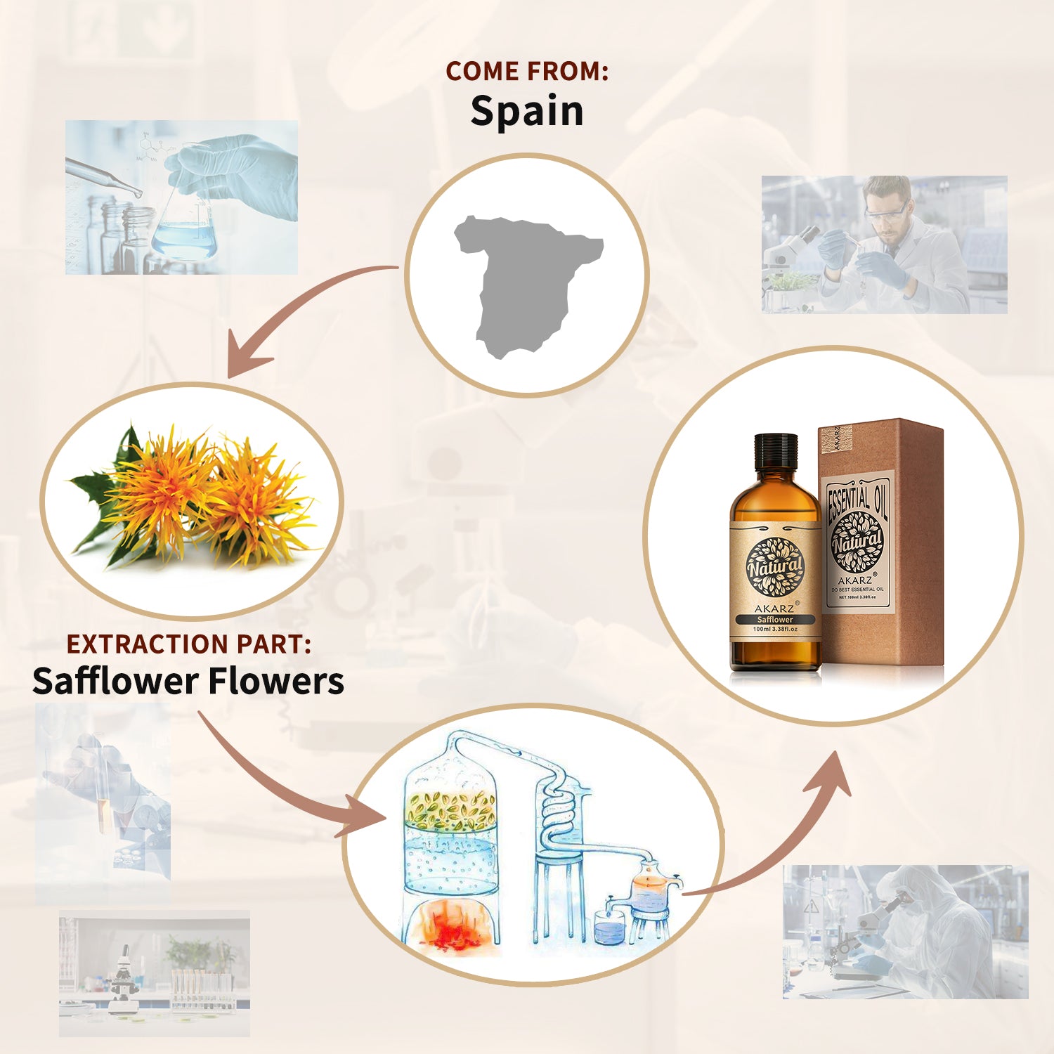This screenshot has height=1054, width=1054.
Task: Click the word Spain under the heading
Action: pos(527,111)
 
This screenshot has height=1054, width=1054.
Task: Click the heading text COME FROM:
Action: pos(527,71)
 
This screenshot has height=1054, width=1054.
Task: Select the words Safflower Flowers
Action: pos(188,681)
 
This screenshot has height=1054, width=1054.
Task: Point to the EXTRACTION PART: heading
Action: pos(188,644)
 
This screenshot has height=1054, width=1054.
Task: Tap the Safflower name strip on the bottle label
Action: pos(775,619)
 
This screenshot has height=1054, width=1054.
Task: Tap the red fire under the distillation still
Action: pos(450,924)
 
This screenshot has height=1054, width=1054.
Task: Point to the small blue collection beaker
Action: pos(609,928)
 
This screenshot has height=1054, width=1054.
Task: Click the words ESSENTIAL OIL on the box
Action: pos(857,500)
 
